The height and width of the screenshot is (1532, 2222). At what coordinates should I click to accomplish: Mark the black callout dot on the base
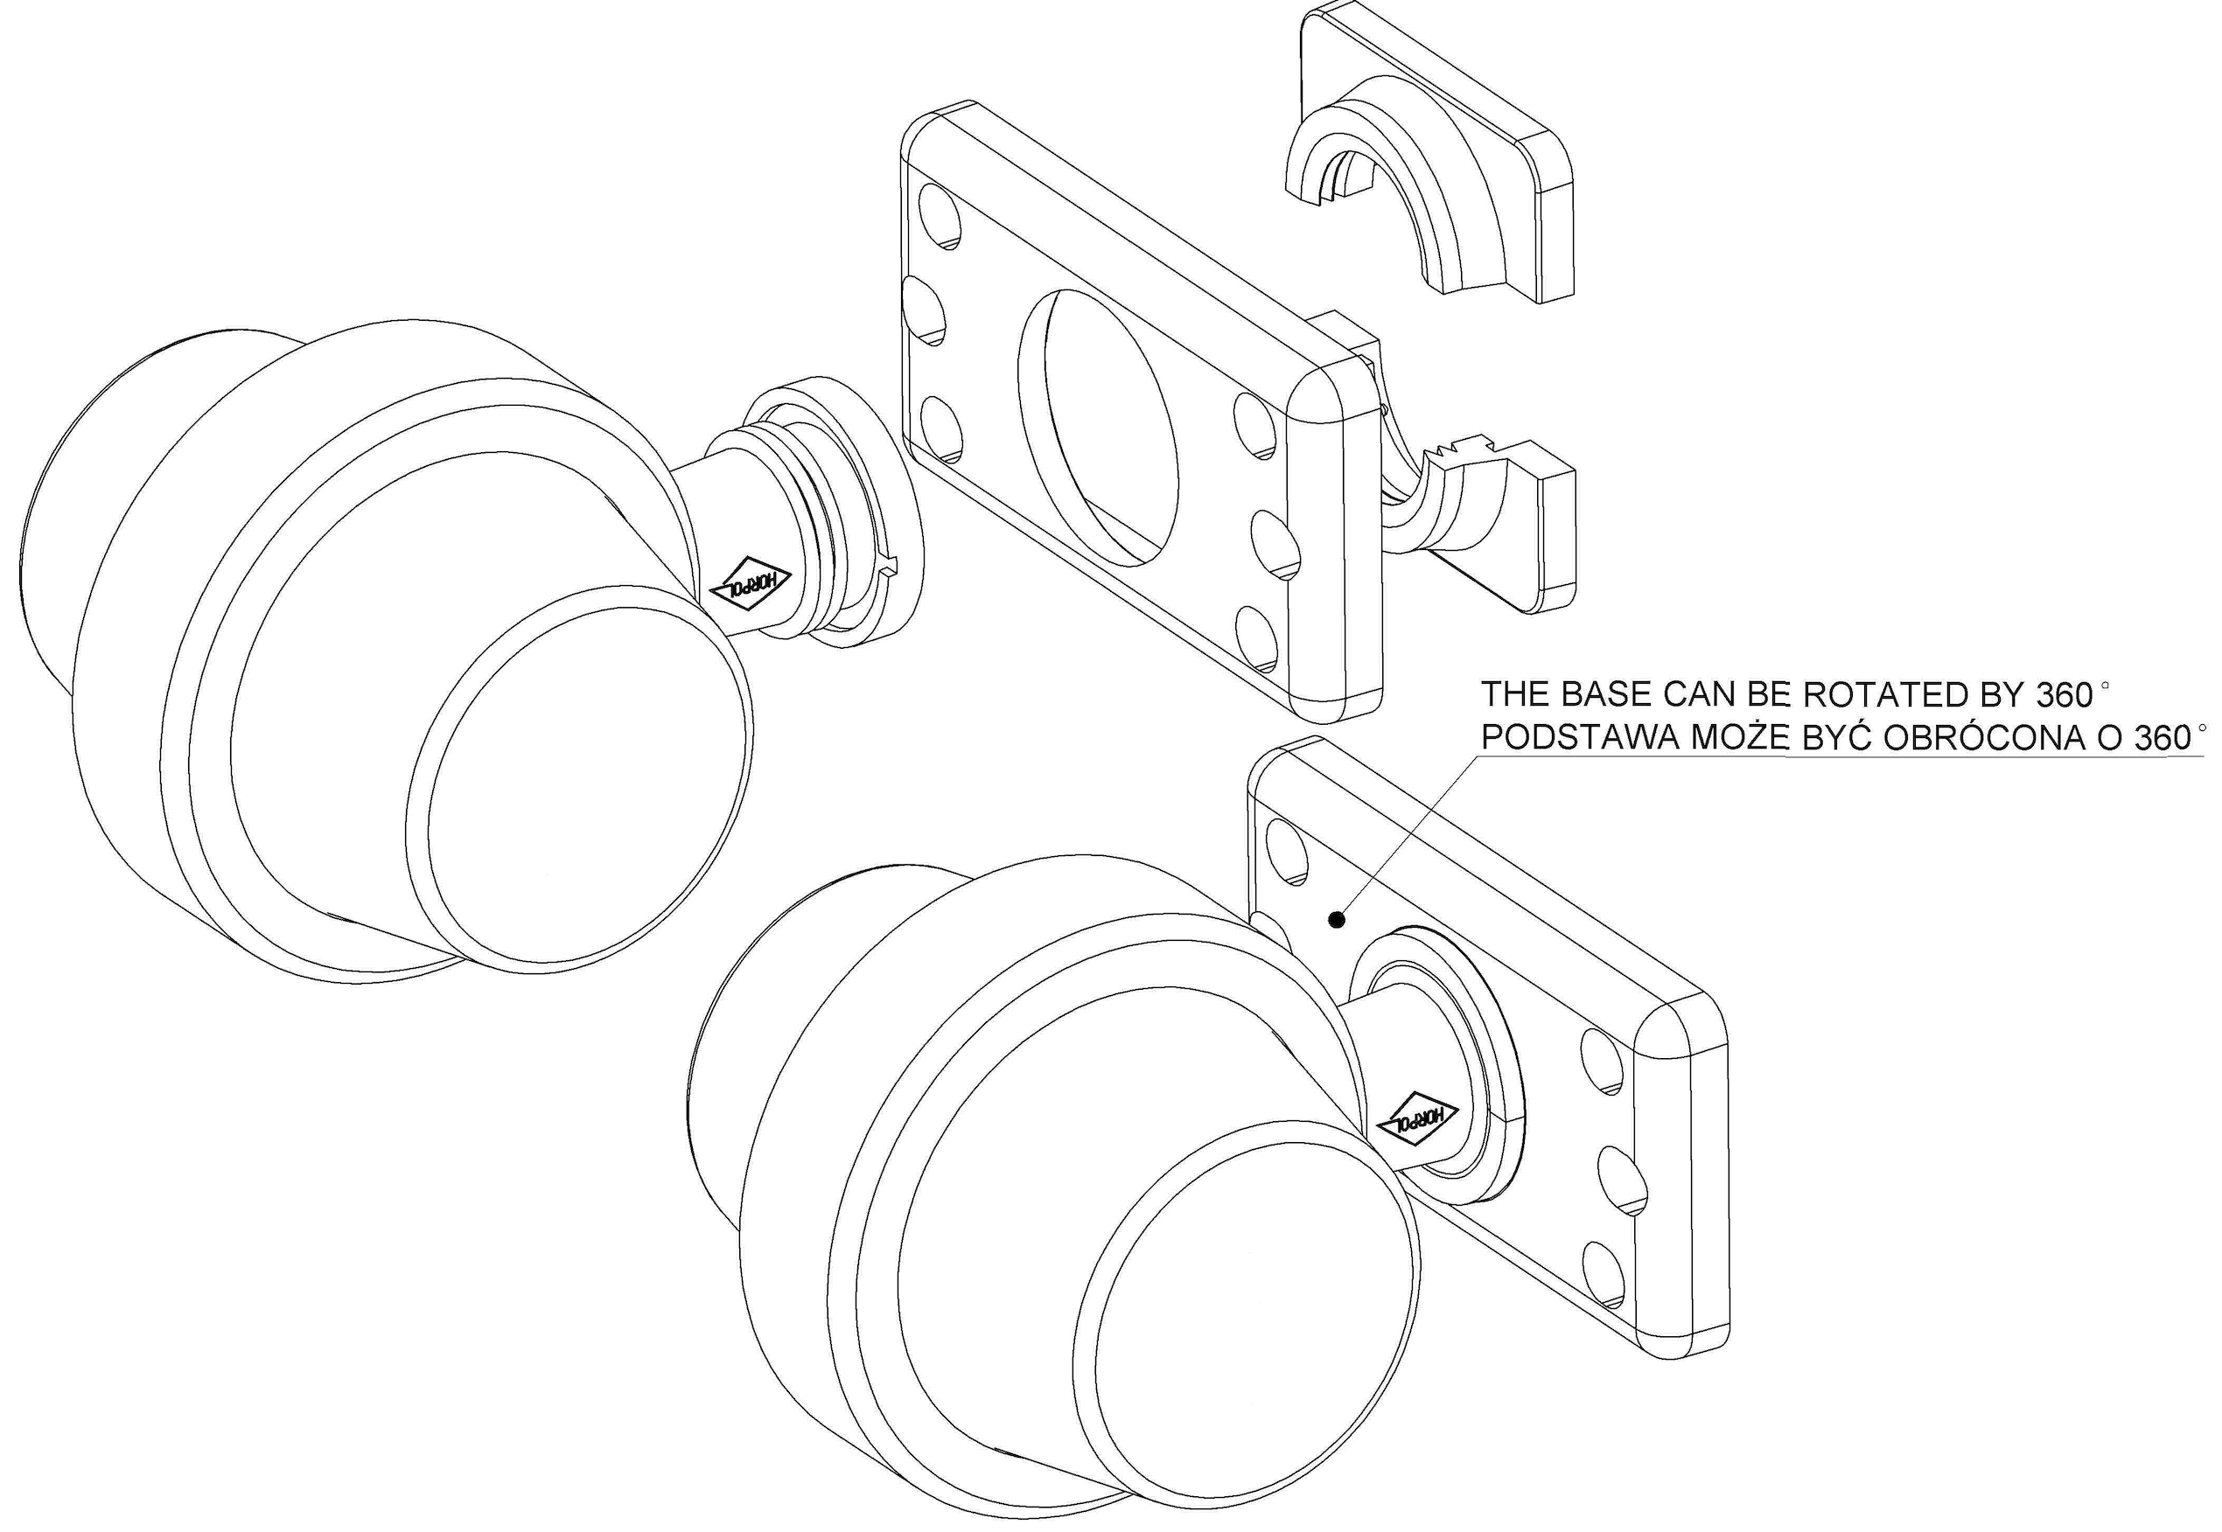click(x=1335, y=921)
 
